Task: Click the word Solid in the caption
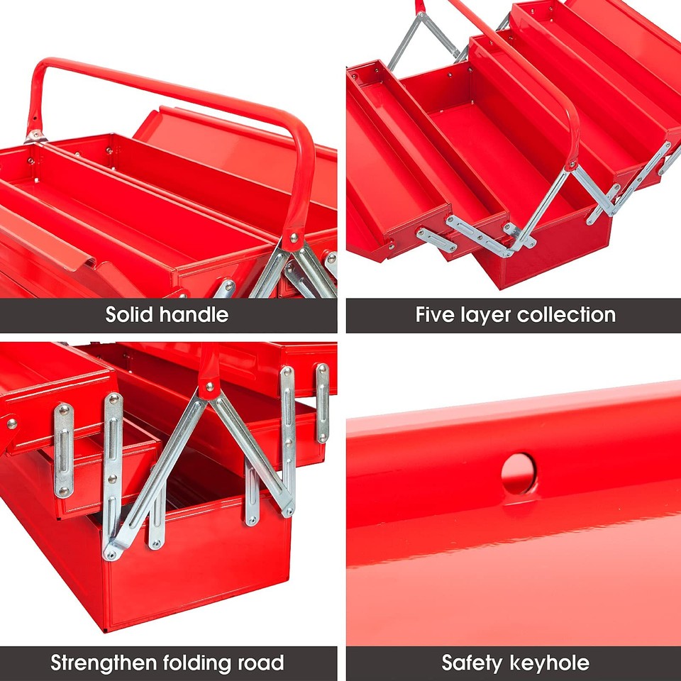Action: (131, 314)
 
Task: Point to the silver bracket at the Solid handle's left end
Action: (34, 135)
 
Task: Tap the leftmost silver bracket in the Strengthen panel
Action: (64, 450)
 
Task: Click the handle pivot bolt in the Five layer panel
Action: (570, 166)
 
